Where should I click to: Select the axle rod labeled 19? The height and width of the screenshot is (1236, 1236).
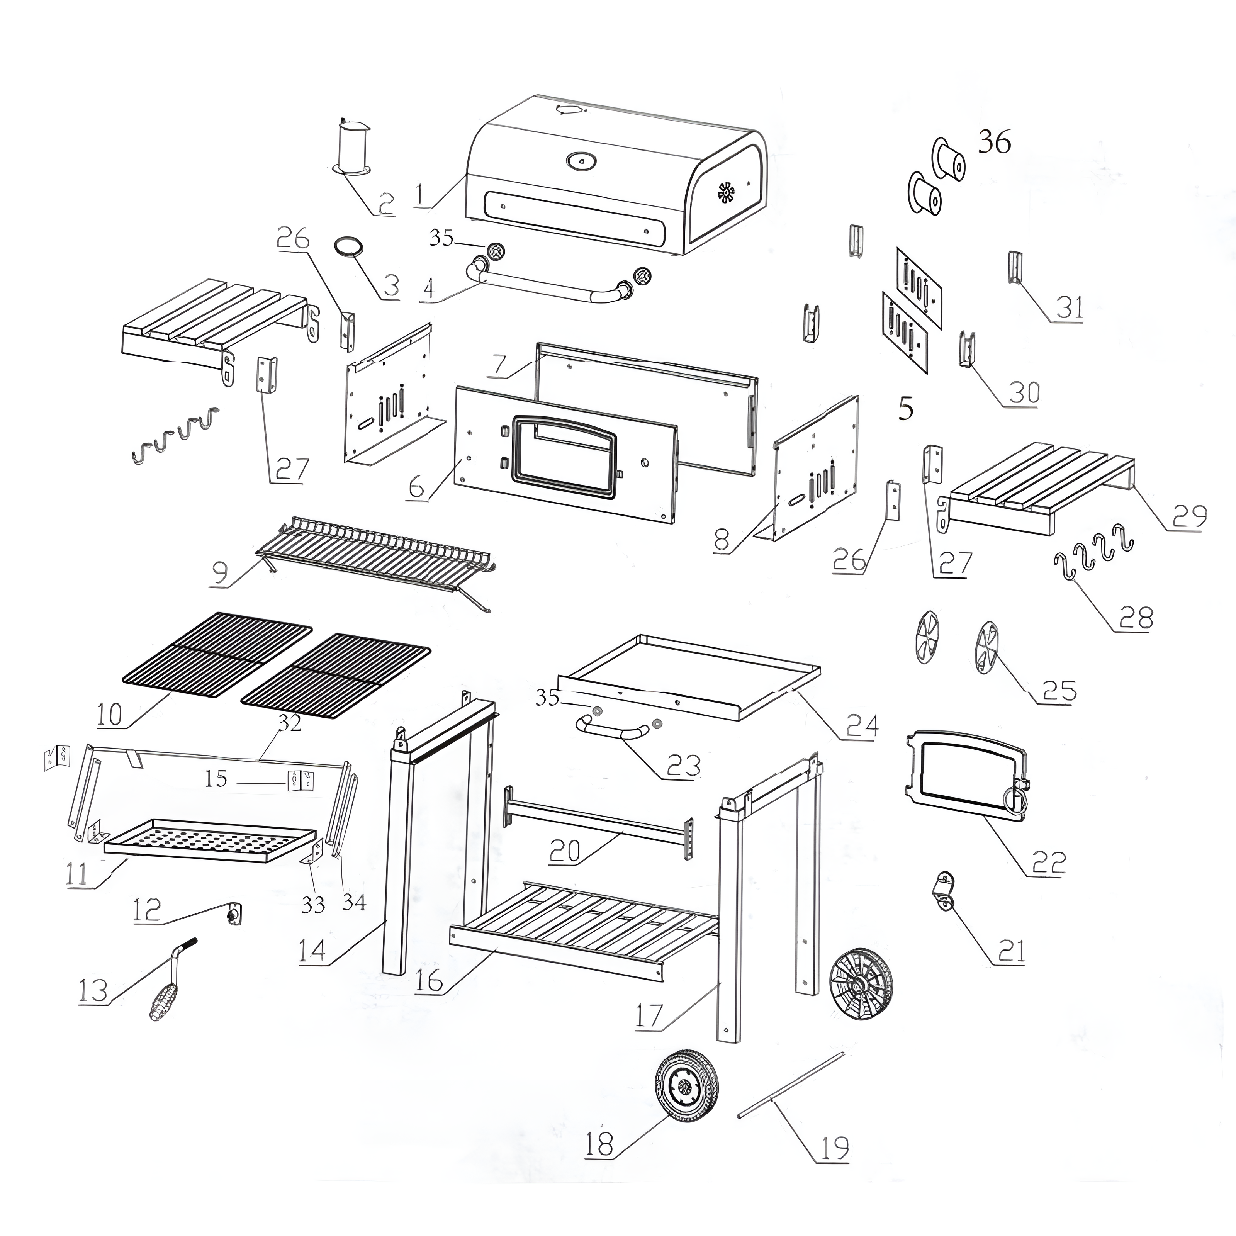(791, 1086)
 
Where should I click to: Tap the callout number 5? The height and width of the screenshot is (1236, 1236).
(905, 408)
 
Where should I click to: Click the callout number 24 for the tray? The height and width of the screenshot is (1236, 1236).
(862, 725)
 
